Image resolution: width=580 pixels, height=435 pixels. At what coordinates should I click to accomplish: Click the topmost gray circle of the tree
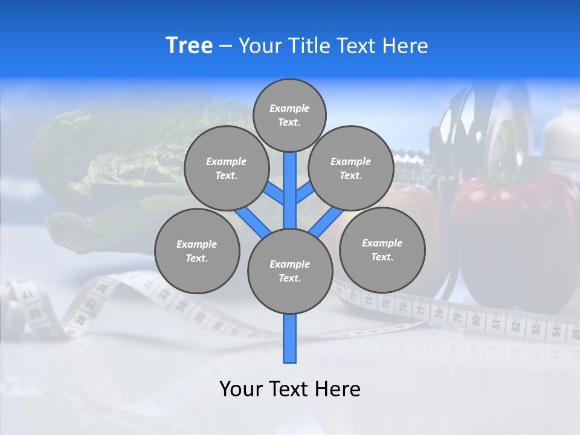point(289,115)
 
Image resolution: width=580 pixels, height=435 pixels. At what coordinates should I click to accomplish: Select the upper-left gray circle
point(226,168)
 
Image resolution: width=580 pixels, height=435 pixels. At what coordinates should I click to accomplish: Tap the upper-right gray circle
point(351,168)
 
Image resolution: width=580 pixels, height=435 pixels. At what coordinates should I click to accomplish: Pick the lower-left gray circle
point(197,251)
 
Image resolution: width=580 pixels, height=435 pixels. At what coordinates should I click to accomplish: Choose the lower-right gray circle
point(382,250)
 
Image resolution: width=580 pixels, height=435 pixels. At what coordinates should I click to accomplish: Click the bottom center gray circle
point(290,271)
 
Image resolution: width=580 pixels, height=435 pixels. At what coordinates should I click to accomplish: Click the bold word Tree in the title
point(189,46)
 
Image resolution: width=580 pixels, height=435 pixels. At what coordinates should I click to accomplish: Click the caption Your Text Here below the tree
point(290,389)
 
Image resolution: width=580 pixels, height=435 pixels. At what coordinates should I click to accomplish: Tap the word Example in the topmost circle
point(289,108)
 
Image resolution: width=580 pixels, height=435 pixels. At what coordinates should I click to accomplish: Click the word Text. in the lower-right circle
point(382,257)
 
